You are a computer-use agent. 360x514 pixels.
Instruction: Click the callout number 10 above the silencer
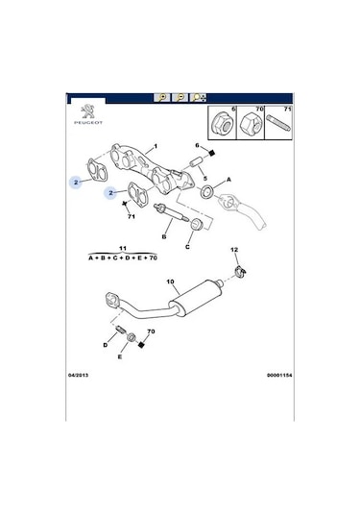171,282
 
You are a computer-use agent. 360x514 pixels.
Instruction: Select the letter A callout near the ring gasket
228,180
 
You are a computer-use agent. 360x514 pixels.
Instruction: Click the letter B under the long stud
164,235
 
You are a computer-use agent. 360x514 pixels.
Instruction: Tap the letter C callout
187,246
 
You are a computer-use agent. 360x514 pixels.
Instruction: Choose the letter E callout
120,356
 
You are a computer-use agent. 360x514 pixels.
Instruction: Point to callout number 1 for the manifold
154,148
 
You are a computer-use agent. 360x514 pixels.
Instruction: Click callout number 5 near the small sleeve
204,178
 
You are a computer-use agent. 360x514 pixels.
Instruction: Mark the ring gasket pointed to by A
205,194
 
